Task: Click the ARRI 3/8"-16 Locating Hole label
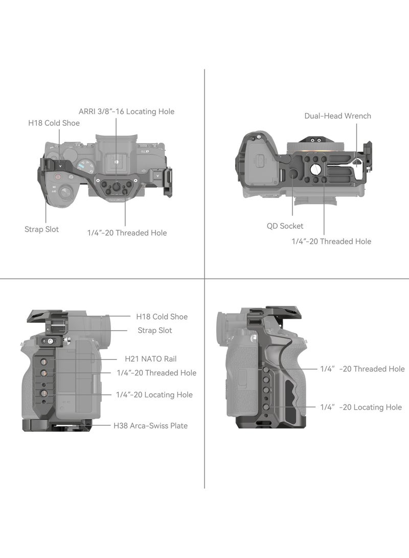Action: point(127,111)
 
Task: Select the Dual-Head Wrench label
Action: point(337,116)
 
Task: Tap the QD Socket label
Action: point(285,226)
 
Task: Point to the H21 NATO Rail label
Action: point(150,359)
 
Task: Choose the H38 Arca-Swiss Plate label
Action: point(150,426)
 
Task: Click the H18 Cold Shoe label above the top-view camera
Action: point(54,123)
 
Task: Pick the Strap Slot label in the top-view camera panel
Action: point(41,229)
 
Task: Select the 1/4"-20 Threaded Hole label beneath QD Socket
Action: point(331,241)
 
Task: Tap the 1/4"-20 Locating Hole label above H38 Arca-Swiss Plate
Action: point(154,395)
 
